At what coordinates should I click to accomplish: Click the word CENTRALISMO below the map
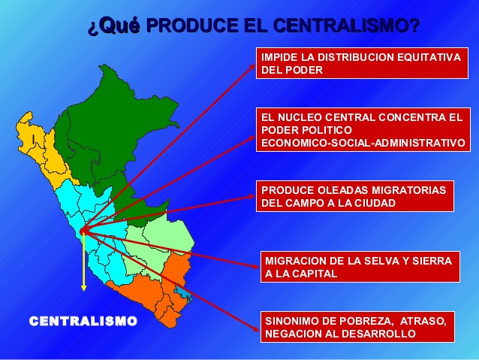tap(83, 322)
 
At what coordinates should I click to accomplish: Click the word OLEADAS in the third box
tap(342, 189)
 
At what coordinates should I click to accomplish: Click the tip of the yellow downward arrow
tap(83, 289)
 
